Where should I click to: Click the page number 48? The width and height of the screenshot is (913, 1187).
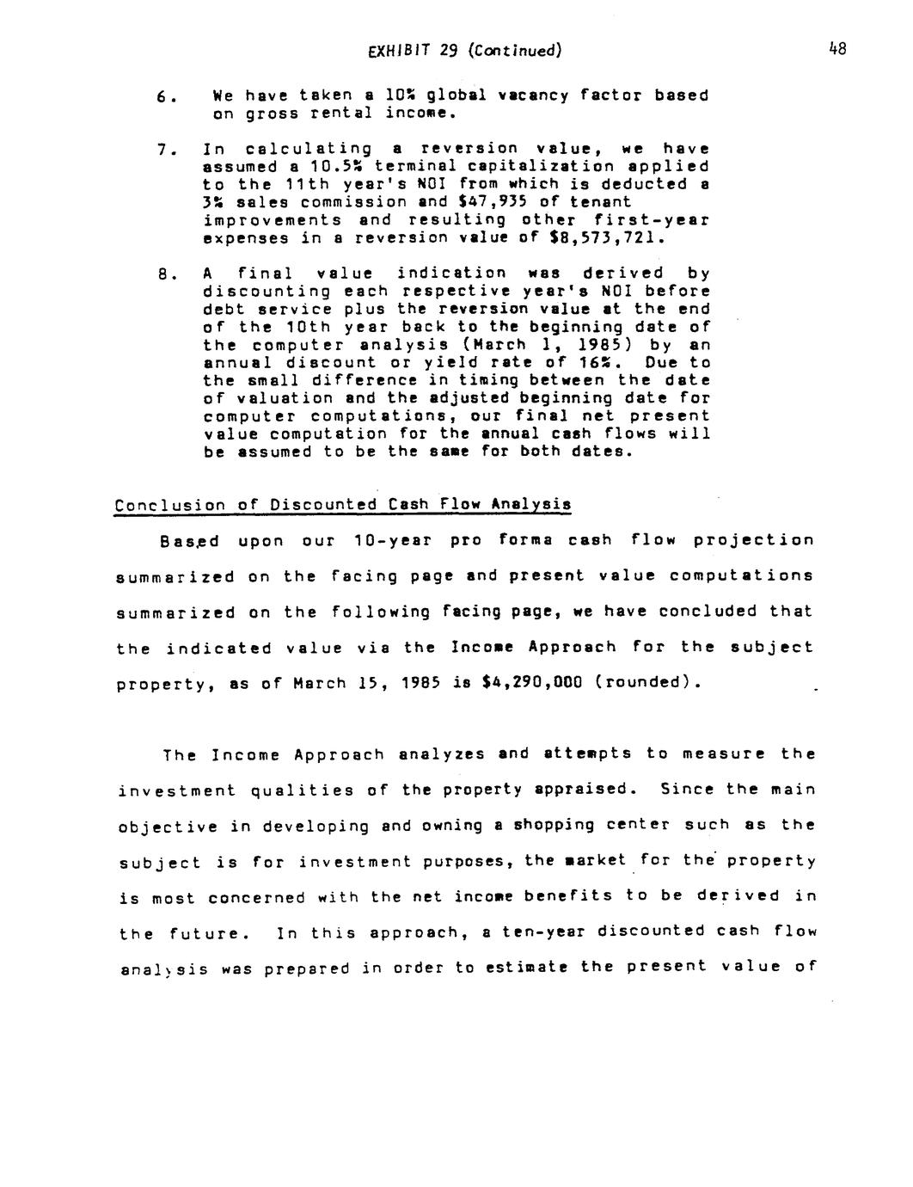pos(837,49)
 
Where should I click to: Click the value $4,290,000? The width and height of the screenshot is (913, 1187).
pos(534,683)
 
